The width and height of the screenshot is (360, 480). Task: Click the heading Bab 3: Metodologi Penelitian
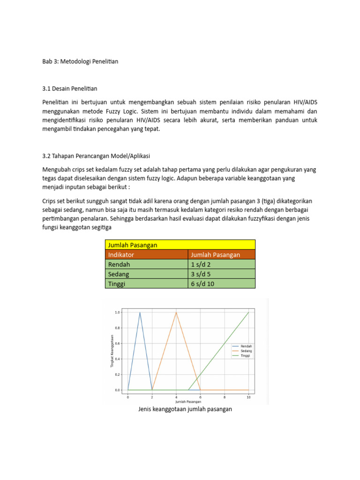tap(80, 61)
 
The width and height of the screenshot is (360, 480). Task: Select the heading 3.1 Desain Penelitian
tap(70, 89)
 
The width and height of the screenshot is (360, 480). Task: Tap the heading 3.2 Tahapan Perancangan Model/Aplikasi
tap(96, 156)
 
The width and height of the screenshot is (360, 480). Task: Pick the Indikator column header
tap(121, 255)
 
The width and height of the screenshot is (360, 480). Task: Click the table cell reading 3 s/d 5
tap(201, 274)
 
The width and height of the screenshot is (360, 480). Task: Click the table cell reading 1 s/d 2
tap(201, 264)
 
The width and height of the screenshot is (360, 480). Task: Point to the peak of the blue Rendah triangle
tap(140, 312)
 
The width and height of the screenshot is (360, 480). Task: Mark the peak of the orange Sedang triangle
tap(176, 312)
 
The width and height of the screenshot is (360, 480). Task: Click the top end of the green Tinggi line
tap(248, 312)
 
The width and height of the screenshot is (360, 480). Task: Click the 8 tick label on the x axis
tap(225, 397)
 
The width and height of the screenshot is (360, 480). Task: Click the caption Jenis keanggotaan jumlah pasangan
tap(185, 409)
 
